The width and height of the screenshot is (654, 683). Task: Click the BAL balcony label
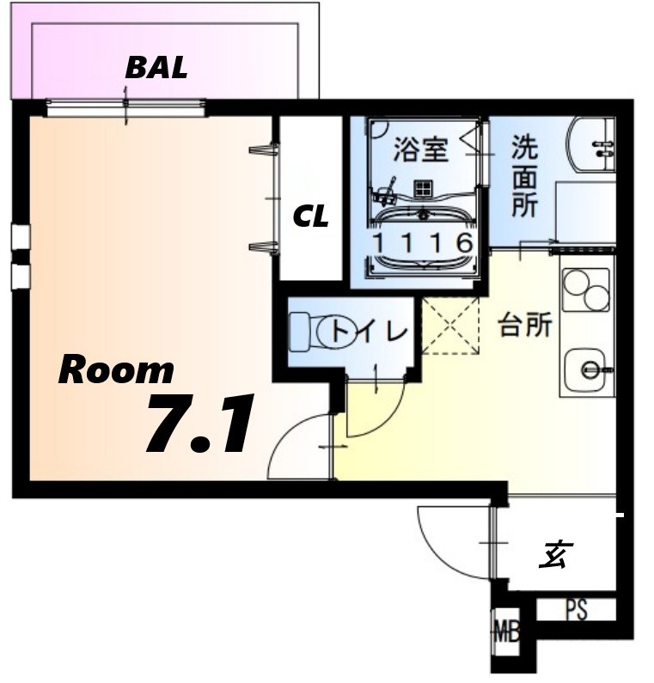[x=156, y=68]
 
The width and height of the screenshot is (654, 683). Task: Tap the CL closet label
[x=310, y=216]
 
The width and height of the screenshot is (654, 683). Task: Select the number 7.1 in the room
[x=199, y=424]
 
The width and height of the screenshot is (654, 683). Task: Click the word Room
[x=116, y=370]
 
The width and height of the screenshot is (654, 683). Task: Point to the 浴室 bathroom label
[x=421, y=150]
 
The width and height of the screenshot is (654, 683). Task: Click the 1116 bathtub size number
[x=422, y=243]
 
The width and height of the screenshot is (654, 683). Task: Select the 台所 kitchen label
[x=525, y=326]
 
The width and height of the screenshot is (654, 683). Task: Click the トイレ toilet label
[x=370, y=331]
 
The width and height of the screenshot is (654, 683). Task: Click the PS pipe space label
[x=576, y=611]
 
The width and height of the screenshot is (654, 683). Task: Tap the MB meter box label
[x=507, y=636]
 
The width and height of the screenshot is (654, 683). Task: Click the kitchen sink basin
[x=588, y=370]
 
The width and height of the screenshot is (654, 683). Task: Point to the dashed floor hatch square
[x=450, y=326]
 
